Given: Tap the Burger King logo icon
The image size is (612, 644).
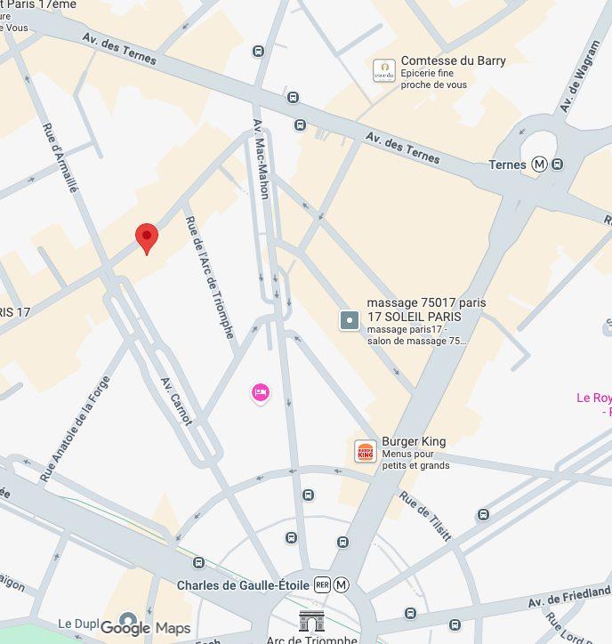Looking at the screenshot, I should (366, 451).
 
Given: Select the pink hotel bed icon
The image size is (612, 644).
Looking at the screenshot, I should (260, 392).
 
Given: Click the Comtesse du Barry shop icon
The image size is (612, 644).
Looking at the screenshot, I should (383, 71).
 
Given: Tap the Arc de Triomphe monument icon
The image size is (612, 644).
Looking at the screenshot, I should (311, 622).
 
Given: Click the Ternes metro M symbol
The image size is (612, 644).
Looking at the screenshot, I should (540, 164).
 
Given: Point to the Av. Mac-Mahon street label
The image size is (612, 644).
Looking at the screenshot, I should (262, 158).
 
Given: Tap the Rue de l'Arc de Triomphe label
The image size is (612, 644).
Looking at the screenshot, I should (209, 277).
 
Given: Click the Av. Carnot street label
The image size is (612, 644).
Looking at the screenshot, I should (176, 400).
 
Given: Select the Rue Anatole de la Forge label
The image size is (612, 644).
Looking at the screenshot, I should (75, 429).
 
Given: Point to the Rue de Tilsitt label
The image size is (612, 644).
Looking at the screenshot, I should (425, 515).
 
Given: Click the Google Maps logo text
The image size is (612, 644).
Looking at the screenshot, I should (145, 628).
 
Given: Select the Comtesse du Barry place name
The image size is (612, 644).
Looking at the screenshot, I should (453, 60).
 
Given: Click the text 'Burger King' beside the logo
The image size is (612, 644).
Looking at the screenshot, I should (414, 441).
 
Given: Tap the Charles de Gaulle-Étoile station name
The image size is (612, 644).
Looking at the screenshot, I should (242, 585).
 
